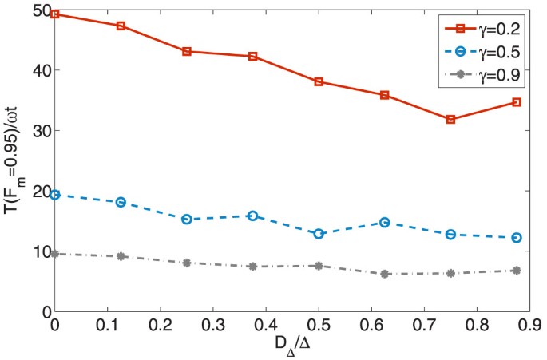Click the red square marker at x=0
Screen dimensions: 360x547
pos(55,14)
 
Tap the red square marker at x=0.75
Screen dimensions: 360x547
pos(451,119)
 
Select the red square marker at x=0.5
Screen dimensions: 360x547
pos(319,81)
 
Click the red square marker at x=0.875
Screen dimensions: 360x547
pos(517,102)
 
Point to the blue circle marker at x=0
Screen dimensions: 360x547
pos(55,194)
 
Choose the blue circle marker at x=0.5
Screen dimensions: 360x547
pos(319,234)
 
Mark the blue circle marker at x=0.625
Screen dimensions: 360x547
pos(385,222)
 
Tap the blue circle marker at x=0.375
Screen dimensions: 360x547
pos(252,216)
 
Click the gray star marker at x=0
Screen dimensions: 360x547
pos(55,253)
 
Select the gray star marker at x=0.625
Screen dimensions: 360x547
pos(385,274)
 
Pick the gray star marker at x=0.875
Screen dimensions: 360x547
pos(517,271)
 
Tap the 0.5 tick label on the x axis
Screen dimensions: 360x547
pos(319,326)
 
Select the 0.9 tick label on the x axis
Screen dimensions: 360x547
pos(530,326)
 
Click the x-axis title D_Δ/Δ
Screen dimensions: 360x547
pos(292,346)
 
